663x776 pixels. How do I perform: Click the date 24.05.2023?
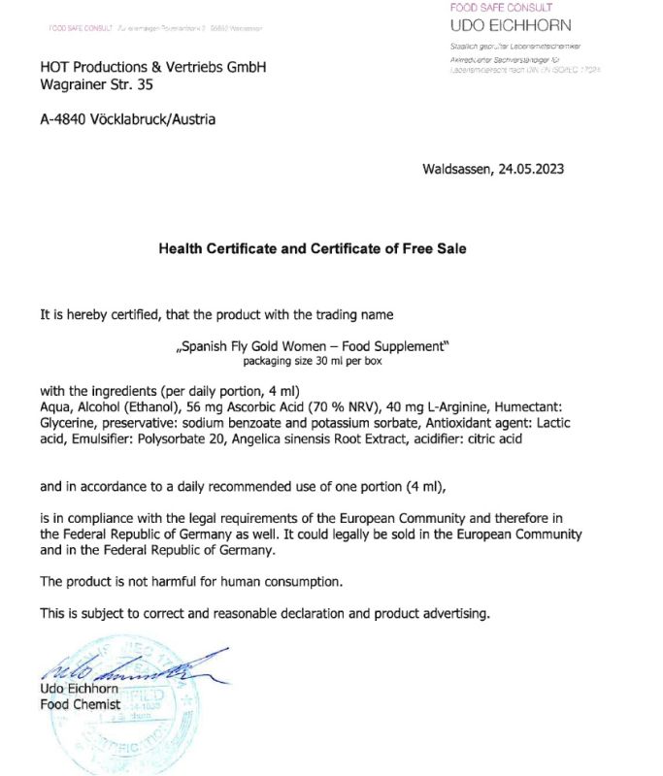(x=531, y=168)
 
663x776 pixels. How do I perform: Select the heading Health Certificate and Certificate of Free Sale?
(x=313, y=248)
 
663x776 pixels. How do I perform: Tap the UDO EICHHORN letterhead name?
(x=512, y=25)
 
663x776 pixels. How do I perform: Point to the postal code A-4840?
(x=65, y=119)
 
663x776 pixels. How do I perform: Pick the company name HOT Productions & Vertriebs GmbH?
(x=152, y=67)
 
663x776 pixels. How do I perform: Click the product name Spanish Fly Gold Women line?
(x=313, y=346)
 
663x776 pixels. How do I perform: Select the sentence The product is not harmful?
(x=191, y=581)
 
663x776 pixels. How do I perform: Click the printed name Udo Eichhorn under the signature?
(x=79, y=689)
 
